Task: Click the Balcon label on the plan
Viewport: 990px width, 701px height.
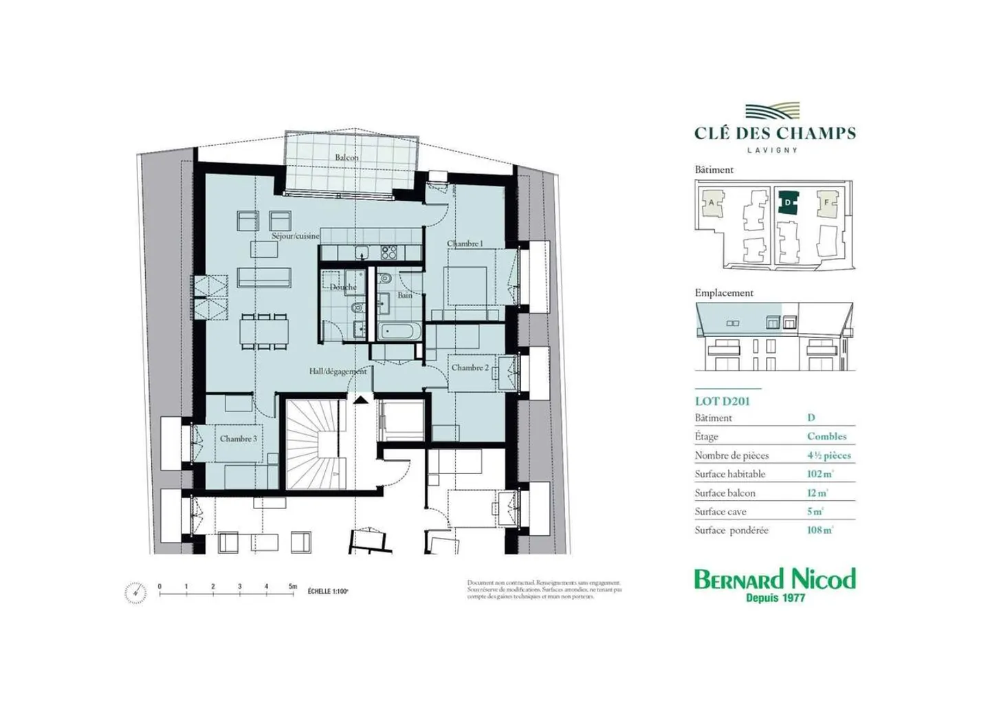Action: point(346,158)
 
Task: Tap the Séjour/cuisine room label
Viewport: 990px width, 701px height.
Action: point(295,236)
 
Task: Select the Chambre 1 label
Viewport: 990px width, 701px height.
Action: point(465,244)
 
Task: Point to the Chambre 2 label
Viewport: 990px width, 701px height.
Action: point(470,368)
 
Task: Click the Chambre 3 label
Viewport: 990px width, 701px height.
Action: point(238,438)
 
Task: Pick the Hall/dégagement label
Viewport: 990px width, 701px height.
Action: point(338,371)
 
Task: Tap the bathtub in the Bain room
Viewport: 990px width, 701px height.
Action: point(397,332)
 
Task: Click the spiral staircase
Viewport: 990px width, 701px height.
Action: point(314,445)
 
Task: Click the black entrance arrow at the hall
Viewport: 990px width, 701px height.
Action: point(360,399)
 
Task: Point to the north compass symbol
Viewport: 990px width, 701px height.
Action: point(135,592)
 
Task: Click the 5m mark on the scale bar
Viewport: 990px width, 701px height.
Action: point(294,587)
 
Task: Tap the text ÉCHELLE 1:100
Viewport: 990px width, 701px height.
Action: point(328,591)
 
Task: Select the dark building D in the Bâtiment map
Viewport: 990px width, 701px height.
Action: point(788,203)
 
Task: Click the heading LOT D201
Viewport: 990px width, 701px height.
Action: point(722,401)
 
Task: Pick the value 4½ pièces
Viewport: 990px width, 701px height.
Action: point(828,455)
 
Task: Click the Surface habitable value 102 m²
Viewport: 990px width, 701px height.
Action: point(819,474)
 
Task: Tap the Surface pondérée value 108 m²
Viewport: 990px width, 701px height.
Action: point(819,530)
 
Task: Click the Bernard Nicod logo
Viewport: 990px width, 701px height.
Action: point(775,584)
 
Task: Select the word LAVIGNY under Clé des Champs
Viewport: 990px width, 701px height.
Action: point(772,150)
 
